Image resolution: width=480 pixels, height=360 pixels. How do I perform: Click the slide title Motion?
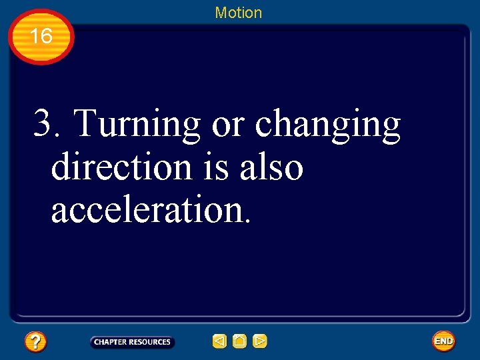(238, 13)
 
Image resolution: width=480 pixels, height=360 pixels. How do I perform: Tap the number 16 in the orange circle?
(41, 36)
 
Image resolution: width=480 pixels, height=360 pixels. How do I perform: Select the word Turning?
(137, 125)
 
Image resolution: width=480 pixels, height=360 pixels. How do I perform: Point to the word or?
(227, 125)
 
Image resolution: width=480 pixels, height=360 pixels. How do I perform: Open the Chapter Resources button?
(132, 342)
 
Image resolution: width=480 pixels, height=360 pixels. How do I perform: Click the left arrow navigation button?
(219, 342)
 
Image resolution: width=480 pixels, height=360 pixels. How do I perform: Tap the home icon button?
(239, 342)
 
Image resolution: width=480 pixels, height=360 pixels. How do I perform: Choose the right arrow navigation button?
(260, 342)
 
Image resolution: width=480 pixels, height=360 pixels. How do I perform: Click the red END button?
(443, 341)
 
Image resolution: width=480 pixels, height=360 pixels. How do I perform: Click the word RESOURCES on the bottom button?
(150, 342)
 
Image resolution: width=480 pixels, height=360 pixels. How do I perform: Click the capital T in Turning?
(84, 123)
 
